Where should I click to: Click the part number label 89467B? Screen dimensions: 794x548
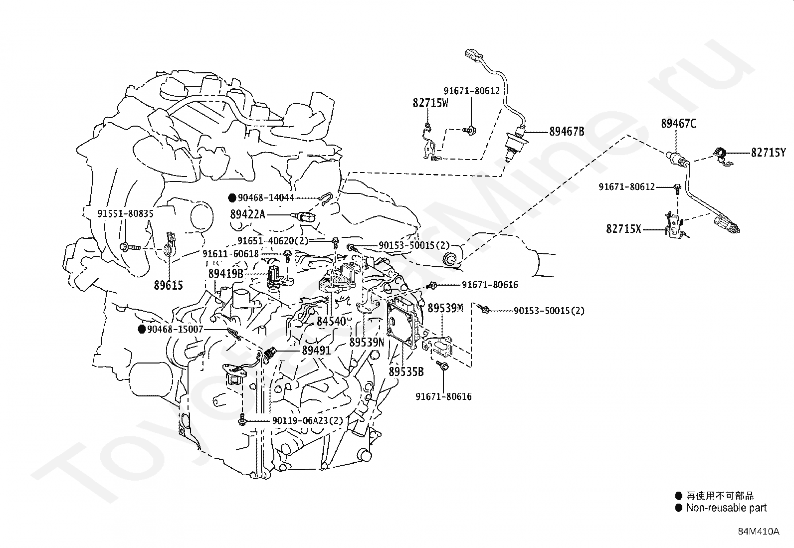[x=567, y=132]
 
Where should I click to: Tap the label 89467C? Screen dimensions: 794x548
[x=678, y=123]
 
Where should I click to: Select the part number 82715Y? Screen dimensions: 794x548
[x=769, y=153]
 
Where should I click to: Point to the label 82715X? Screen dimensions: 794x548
[x=624, y=229]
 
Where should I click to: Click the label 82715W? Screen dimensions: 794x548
[x=430, y=103]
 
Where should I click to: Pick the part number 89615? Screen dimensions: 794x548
[x=169, y=285]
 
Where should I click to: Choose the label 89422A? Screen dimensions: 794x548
[x=247, y=214]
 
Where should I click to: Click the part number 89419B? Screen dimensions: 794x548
[x=226, y=274]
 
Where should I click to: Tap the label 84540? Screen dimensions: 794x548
[x=331, y=321]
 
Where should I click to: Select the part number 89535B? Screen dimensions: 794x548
[x=406, y=371]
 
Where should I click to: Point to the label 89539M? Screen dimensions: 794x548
[x=445, y=308]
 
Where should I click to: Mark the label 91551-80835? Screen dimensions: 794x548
[x=126, y=213]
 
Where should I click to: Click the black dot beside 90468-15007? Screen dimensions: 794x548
[x=142, y=329]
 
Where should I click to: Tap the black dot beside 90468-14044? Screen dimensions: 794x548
[x=232, y=198]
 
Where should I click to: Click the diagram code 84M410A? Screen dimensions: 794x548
[x=759, y=532]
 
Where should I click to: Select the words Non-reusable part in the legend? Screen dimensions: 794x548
[x=726, y=508]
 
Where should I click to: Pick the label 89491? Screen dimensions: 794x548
[x=316, y=350]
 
